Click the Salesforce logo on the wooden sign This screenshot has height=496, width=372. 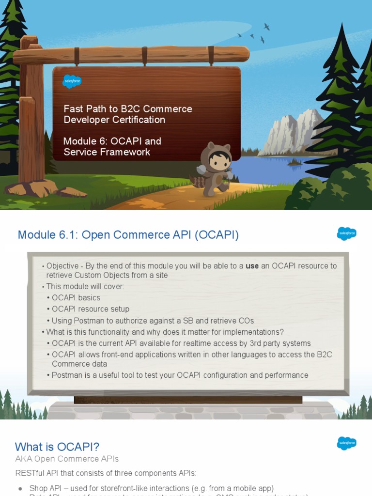pos(72,81)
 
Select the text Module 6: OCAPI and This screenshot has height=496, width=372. pos(112,141)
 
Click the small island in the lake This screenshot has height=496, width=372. pos(294,163)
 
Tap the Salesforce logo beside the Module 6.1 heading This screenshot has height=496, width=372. pos(346,233)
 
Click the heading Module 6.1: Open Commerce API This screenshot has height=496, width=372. pos(128,235)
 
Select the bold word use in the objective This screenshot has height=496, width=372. pos(252,266)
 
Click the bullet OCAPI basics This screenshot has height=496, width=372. pos(76,298)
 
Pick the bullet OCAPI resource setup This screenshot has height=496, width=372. pos(91,309)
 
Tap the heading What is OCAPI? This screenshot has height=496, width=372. pos(57,447)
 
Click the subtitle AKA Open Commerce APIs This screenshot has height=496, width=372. pos(67,459)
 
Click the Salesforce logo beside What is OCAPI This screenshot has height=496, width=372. pos(346,443)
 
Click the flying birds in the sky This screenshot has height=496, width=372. pos(254,34)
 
